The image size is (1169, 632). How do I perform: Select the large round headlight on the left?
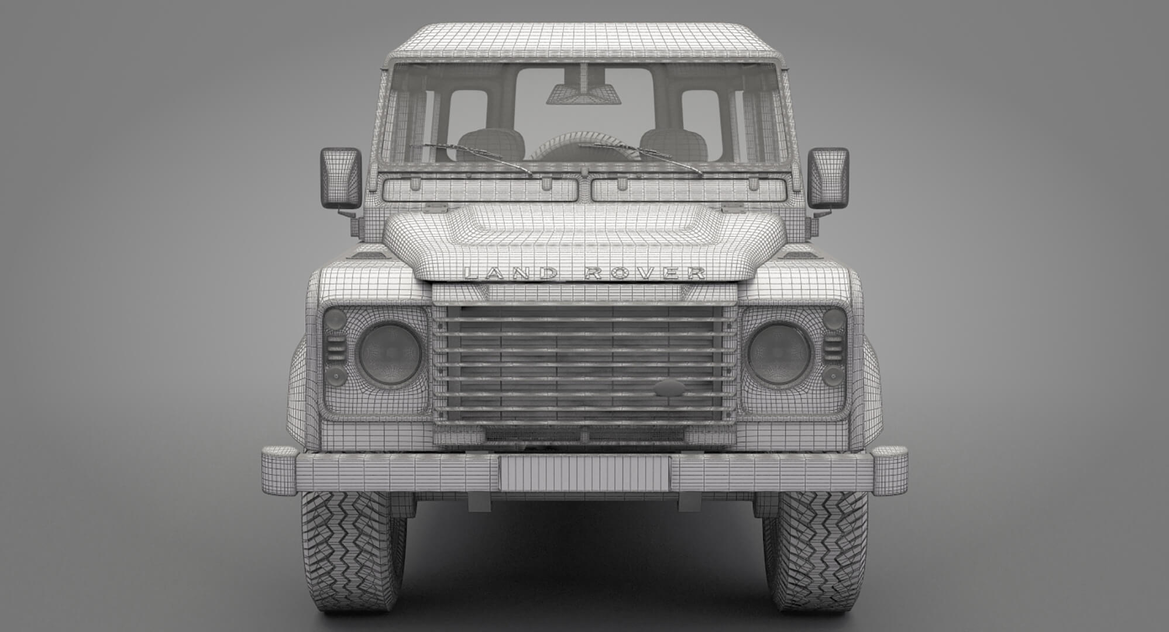pos(390,353)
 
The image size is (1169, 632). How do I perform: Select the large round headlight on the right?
pos(779,353)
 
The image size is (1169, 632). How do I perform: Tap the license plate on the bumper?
pos(584,473)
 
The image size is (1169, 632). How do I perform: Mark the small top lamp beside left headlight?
pos(335,320)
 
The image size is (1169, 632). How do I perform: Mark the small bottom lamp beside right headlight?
pos(833,375)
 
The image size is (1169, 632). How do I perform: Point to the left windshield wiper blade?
pos(471,157)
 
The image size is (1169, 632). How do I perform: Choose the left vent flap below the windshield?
pos(480,190)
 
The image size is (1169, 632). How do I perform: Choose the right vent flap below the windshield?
pos(688,190)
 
